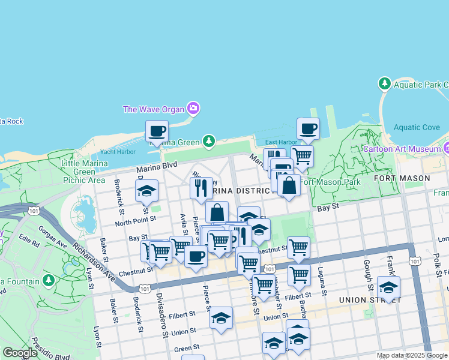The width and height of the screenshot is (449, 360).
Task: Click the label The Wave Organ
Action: pyautogui.click(x=155, y=109)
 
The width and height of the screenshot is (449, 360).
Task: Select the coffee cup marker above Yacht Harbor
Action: pyautogui.click(x=157, y=131)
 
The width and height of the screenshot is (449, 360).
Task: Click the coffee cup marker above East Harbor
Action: pyautogui.click(x=309, y=128)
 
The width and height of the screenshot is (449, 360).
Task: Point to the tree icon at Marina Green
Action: pyautogui.click(x=208, y=141)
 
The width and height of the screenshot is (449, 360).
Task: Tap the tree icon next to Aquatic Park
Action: pyautogui.click(x=384, y=84)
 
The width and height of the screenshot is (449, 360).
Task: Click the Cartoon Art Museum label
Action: pyautogui.click(x=402, y=148)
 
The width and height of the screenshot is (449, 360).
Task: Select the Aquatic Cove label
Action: pyautogui.click(x=416, y=127)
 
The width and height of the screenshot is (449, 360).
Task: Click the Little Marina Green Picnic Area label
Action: pyautogui.click(x=84, y=171)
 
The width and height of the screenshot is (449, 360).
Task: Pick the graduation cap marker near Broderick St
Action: pyautogui.click(x=146, y=191)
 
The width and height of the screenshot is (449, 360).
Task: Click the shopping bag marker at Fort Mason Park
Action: pyautogui.click(x=289, y=185)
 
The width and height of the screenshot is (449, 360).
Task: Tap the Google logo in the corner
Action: pyautogui.click(x=20, y=353)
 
